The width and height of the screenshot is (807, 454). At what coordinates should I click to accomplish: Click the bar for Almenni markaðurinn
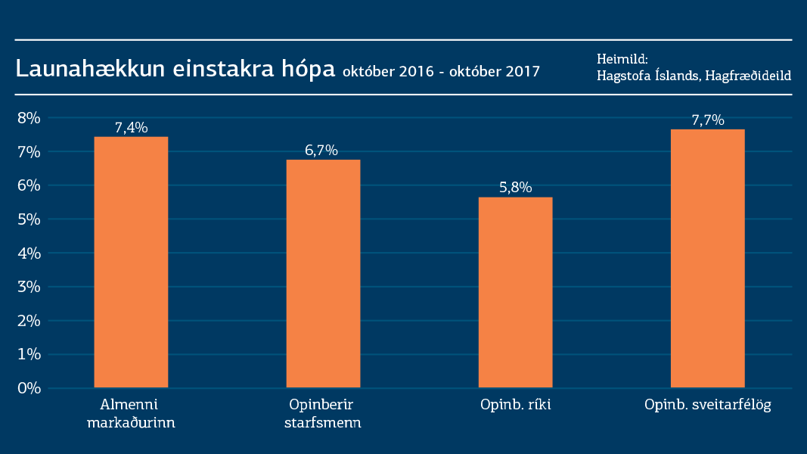tap(131, 262)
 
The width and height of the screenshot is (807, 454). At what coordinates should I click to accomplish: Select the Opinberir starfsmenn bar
tap(323, 273)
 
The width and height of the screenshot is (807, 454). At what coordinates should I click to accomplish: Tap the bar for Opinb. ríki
tap(515, 292)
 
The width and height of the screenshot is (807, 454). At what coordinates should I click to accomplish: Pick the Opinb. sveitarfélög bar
tap(707, 258)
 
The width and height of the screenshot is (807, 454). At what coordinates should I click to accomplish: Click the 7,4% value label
tap(131, 127)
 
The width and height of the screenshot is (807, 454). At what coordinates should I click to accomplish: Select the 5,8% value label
tap(516, 188)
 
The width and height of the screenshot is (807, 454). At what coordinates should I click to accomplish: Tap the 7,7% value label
tap(708, 120)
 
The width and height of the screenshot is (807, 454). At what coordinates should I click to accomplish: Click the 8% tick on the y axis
tap(29, 117)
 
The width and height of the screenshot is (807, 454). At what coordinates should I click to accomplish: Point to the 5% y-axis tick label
tap(29, 219)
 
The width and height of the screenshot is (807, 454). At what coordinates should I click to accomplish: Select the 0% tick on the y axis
tap(29, 388)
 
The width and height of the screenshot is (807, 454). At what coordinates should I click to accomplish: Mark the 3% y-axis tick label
tap(29, 287)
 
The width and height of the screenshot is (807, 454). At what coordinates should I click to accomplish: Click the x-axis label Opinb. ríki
tap(516, 405)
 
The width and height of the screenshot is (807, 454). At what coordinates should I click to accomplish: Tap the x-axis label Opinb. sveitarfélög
tap(707, 405)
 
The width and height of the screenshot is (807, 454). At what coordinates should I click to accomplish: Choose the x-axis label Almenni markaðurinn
tap(131, 413)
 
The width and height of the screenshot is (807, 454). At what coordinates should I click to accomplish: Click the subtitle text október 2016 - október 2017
tap(441, 72)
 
